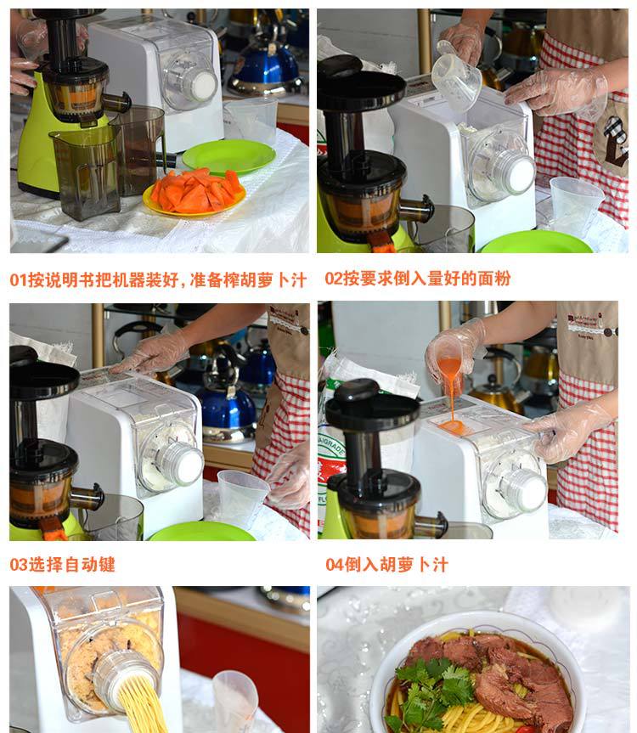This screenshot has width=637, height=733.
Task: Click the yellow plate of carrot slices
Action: click(x=194, y=193)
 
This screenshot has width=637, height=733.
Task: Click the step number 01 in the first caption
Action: click(x=18, y=280)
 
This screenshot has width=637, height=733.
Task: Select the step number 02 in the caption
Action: click(x=334, y=279)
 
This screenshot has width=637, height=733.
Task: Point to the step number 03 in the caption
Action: click(x=19, y=564)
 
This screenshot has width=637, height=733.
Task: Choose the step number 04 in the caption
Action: click(x=335, y=564)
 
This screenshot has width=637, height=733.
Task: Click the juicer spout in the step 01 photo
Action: click(x=117, y=101)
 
